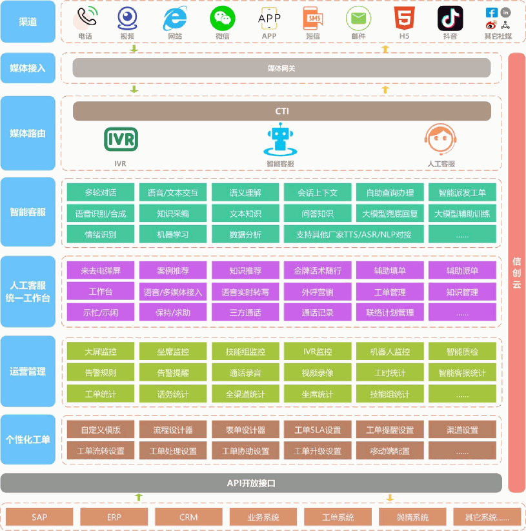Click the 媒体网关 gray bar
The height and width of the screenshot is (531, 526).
(x=281, y=68)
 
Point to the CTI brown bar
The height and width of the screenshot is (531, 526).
(x=281, y=111)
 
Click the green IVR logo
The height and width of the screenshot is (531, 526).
(x=121, y=139)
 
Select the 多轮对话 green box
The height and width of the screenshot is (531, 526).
(x=101, y=192)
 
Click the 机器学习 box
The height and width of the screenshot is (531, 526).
(x=173, y=234)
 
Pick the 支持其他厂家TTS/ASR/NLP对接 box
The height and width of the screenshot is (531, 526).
(x=354, y=234)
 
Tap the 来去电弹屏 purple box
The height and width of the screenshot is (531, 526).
(x=101, y=271)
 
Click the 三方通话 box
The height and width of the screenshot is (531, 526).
(x=245, y=313)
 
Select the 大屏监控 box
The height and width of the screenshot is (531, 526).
(x=101, y=352)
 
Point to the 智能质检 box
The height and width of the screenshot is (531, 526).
(x=462, y=352)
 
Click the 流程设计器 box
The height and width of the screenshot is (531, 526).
(x=173, y=430)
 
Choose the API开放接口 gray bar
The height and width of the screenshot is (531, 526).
(x=251, y=483)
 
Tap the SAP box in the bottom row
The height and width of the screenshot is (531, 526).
(x=39, y=517)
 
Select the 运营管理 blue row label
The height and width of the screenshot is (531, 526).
(x=28, y=372)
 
